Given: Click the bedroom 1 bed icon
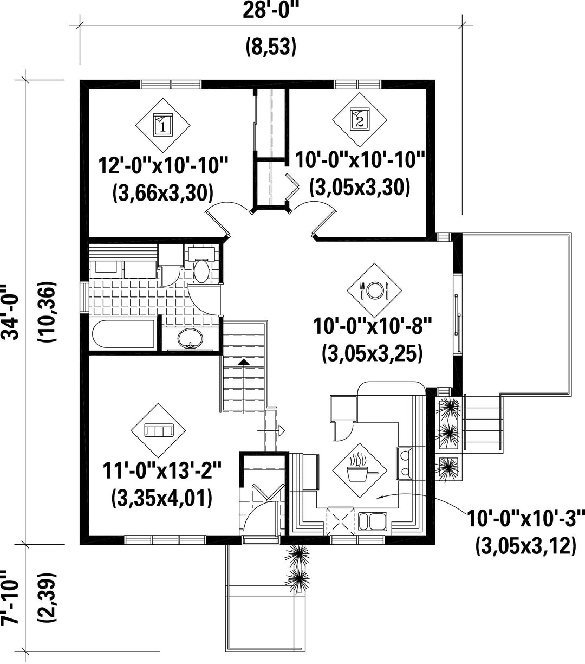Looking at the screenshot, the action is click(x=163, y=123).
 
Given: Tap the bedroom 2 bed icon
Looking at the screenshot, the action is click(x=360, y=118).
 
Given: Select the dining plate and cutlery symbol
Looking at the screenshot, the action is click(x=374, y=290).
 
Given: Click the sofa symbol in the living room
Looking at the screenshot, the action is click(x=159, y=430).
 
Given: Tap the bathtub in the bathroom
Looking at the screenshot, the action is click(x=123, y=334).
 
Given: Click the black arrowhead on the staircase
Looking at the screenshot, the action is click(x=243, y=362).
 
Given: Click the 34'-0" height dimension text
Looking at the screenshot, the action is click(x=10, y=312).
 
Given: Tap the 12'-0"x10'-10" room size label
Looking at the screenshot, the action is click(x=163, y=165).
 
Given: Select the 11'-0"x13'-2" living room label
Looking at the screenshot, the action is click(x=162, y=471).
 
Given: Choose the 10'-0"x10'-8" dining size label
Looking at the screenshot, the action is click(x=373, y=326).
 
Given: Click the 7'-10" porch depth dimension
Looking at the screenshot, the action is click(x=9, y=599).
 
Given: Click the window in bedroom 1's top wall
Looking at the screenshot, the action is click(x=171, y=85).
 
